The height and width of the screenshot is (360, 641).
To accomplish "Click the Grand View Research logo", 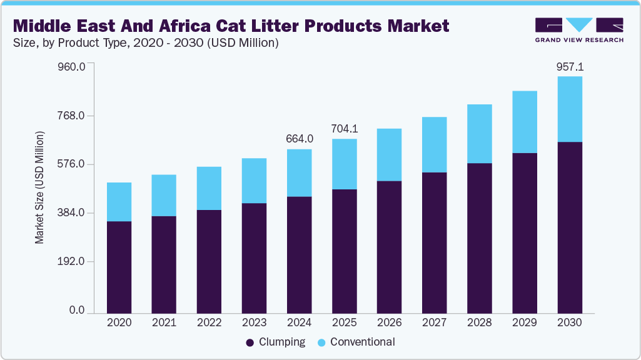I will [579, 29].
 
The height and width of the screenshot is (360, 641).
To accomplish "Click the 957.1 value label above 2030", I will [569, 66].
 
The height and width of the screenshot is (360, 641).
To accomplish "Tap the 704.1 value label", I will [344, 129].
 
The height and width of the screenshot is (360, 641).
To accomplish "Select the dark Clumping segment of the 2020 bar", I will [119, 267].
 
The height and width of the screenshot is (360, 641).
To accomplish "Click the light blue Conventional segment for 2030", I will [569, 109].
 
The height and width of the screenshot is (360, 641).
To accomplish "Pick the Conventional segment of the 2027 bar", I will [434, 144].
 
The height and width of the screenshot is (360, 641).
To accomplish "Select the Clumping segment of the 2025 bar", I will [344, 251].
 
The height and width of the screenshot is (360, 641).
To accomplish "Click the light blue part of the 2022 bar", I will [209, 188].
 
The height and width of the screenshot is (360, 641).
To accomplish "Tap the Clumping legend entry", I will [276, 342].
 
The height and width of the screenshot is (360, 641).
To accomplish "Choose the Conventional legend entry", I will [356, 342].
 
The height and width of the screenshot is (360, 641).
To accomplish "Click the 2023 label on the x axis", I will [254, 322].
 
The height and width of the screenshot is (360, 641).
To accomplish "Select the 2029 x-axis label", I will [524, 322].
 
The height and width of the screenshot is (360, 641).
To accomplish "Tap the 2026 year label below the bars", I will [389, 322].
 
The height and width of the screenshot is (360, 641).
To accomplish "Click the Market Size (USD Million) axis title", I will [39, 187].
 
